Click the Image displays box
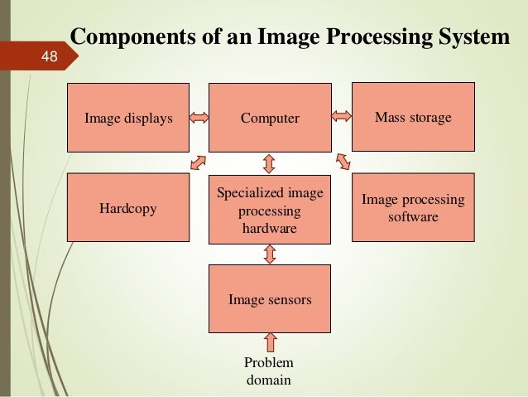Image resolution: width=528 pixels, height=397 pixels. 128,118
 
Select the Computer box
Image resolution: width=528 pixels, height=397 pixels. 270,118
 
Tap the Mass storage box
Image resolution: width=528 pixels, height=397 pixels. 413,117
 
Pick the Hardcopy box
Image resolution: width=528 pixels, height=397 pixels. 128,208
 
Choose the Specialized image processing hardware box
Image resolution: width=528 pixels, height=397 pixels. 270,210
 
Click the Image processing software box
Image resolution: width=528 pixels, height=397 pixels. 413,207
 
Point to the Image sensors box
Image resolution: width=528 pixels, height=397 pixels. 270,299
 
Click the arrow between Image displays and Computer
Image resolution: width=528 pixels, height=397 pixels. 199,118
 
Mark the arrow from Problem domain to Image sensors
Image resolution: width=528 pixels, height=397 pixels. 270,342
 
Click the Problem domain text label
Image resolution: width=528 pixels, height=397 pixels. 269,372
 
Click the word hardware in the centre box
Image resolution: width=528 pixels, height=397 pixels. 269,228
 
